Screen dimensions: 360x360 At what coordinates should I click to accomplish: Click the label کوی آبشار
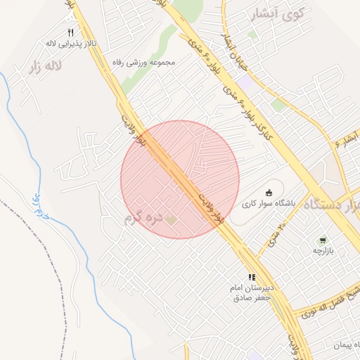pyautogui.click(x=280, y=13)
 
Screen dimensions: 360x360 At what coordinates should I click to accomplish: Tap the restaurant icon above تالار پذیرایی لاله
pyautogui.click(x=70, y=33)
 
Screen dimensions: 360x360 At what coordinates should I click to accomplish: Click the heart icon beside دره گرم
pyautogui.click(x=171, y=219)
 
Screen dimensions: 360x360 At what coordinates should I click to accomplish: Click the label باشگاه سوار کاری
pyautogui.click(x=269, y=203)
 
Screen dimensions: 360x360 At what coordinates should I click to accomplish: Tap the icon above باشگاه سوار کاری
pyautogui.click(x=269, y=192)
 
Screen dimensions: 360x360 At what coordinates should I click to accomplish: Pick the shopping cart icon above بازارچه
pyautogui.click(x=323, y=240)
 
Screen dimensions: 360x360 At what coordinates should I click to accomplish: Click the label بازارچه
pyautogui.click(x=326, y=250)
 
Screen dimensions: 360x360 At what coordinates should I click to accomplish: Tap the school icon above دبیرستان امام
pyautogui.click(x=251, y=277)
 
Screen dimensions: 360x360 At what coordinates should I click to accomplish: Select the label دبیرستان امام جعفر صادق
pyautogui.click(x=252, y=293)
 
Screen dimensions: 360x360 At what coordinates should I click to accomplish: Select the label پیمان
pyautogui.click(x=347, y=345)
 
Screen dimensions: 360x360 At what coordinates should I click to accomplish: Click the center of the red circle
pyautogui.click(x=180, y=180)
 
